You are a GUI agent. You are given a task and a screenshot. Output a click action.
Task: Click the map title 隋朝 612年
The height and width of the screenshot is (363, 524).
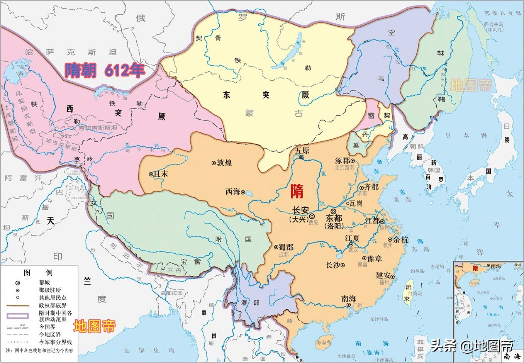click(105, 70)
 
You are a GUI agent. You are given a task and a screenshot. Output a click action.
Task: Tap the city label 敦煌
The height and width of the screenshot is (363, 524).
click(224, 163)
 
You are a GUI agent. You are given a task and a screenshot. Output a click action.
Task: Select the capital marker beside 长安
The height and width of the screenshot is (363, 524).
click(312, 217)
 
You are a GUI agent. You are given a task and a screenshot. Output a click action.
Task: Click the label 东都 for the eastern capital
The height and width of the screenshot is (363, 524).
click(334, 218)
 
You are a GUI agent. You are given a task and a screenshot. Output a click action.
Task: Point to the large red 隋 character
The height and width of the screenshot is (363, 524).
click(297, 191)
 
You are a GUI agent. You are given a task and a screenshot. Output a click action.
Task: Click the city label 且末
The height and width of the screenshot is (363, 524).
click(161, 174)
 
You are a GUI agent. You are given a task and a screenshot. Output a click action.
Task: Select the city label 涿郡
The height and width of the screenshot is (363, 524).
click(343, 161)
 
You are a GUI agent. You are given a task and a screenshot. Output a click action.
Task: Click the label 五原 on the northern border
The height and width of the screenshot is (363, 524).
click(302, 150)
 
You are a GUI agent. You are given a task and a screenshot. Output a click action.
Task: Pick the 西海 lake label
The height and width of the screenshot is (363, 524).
click(233, 192)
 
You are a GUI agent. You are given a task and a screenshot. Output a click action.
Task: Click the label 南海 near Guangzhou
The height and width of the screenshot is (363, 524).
click(348, 299)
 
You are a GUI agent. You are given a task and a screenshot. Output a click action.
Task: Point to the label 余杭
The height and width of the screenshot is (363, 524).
click(401, 240)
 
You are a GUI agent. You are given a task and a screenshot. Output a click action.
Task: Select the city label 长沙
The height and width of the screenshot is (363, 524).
click(333, 265)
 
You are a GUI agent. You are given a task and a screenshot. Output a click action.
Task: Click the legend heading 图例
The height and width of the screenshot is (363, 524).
click(38, 273)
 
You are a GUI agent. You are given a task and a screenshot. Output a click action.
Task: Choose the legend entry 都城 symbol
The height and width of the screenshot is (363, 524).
click(18, 283)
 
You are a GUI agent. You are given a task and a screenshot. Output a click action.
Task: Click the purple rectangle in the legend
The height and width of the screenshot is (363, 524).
click(18, 316)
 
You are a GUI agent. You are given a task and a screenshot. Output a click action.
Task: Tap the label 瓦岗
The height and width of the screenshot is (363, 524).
click(356, 204)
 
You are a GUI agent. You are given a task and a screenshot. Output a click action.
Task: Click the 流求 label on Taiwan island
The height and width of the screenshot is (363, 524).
click(408, 293)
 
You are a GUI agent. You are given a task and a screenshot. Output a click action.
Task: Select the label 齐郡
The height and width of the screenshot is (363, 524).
click(371, 187)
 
